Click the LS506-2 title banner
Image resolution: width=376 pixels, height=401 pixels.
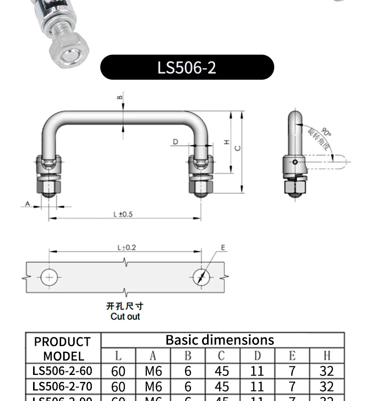[187, 67]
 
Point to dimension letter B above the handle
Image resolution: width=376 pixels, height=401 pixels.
[120, 98]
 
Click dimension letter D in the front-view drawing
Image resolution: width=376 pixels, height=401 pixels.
[175, 142]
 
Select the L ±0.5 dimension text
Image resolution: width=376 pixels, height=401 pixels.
[123, 214]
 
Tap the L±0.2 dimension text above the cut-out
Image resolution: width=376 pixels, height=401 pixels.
[126, 247]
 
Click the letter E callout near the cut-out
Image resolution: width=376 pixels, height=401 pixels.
[224, 248]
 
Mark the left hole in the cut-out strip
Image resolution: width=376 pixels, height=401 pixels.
[49, 277]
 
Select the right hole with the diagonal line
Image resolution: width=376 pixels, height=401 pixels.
[201, 277]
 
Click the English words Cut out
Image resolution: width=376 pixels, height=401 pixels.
[125, 316]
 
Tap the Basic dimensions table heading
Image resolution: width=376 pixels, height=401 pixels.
[220, 340]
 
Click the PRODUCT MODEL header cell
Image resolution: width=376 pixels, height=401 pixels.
[63, 349]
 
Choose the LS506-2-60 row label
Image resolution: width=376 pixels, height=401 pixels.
[63, 371]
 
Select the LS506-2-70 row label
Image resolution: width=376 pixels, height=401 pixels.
[63, 386]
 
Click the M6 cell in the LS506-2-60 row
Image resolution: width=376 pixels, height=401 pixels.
[153, 371]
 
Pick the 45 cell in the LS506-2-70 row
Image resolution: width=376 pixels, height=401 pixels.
[222, 386]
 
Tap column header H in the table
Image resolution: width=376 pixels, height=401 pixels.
[327, 356]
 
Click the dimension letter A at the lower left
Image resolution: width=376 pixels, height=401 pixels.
[28, 204]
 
